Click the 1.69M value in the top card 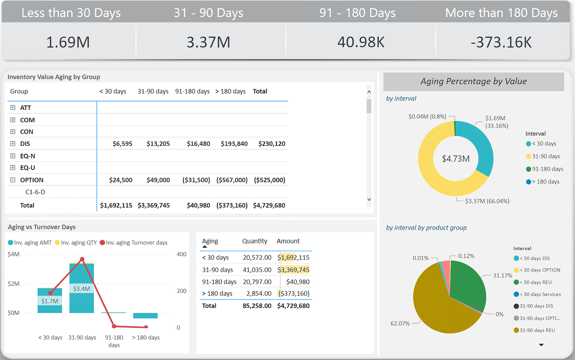pos(68,42)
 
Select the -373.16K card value pos(501,42)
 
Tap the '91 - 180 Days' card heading pos(357,13)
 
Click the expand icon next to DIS pos(12,144)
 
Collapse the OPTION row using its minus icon pos(12,180)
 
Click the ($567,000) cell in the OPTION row pos(232,180)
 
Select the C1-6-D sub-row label pos(35,192)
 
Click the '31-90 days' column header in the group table pos(153,91)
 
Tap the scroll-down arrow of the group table pos(369,200)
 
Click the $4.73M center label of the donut pos(456,158)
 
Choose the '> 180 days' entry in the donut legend pos(545,182)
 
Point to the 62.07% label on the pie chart pos(400,323)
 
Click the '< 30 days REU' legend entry pos(535,282)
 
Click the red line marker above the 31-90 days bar pos(82,259)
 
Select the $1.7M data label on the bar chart pos(50,300)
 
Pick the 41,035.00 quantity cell pos(257,270)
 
